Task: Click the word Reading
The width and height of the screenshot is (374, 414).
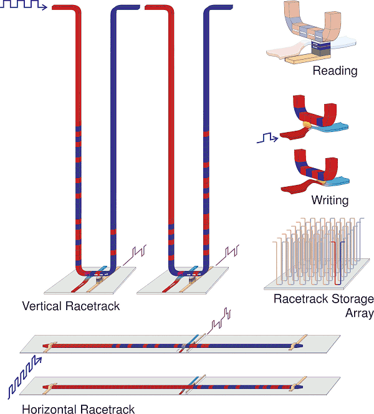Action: coord(335,71)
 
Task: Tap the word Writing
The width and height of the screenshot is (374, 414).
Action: coord(330,200)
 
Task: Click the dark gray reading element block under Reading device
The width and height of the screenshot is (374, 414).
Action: coord(317,50)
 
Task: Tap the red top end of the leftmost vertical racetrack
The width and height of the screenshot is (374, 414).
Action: coord(62,9)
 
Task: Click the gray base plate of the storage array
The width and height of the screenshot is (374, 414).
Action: coord(312,283)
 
